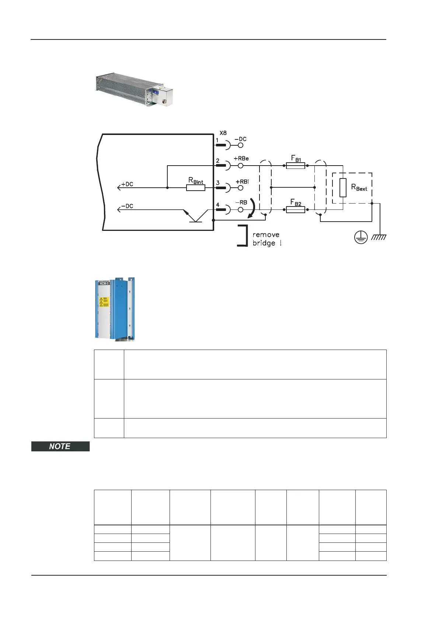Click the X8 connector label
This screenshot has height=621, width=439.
(x=223, y=133)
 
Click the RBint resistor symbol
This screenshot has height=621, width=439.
(x=196, y=188)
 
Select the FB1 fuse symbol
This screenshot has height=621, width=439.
(x=296, y=166)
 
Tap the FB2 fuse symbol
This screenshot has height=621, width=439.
(x=296, y=210)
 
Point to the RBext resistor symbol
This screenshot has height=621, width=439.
(x=343, y=188)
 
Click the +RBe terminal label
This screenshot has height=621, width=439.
(x=241, y=159)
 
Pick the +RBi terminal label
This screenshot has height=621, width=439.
(x=242, y=181)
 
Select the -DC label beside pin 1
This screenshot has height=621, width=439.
(x=240, y=139)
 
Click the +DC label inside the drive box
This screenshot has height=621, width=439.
(x=127, y=184)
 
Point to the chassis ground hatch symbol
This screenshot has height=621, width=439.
(x=379, y=237)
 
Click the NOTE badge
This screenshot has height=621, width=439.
(x=60, y=446)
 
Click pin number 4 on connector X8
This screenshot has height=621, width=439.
(x=217, y=205)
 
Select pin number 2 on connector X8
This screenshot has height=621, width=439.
(x=217, y=161)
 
